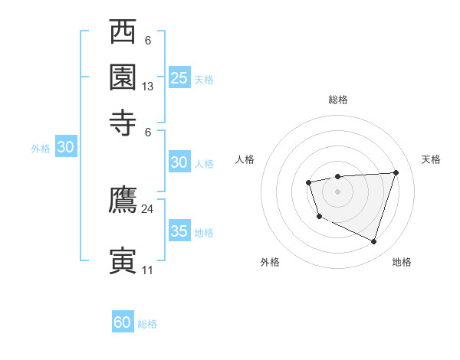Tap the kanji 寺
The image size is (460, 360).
click(x=123, y=120)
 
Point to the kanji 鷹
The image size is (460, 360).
click(x=123, y=200)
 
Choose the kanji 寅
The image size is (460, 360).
click(x=123, y=260)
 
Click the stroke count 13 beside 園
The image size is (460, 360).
click(x=148, y=87)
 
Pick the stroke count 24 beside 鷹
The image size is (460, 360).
click(x=148, y=208)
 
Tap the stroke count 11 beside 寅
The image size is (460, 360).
click(x=148, y=270)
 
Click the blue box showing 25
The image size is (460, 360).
click(x=179, y=77)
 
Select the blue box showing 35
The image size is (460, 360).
click(x=179, y=231)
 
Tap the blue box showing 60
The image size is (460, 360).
click(x=123, y=322)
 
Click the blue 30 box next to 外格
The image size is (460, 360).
click(x=65, y=148)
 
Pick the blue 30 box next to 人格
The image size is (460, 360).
click(x=179, y=162)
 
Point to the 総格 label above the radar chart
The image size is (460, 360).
click(x=338, y=100)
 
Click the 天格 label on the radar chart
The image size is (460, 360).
click(x=431, y=159)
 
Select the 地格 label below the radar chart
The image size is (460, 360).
click(x=402, y=262)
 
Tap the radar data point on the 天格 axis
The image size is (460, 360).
click(x=396, y=172)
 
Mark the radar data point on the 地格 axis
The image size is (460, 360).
click(x=373, y=241)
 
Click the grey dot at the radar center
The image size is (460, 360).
click(x=337, y=191)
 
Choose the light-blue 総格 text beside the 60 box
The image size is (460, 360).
click(x=147, y=324)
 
